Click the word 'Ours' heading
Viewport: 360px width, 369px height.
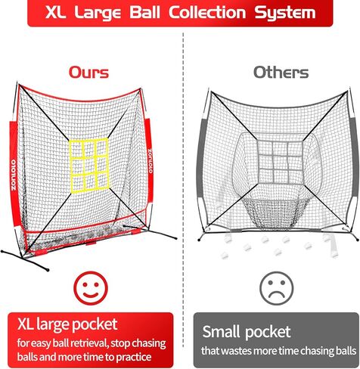click(88, 73)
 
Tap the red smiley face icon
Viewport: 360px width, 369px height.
click(90, 287)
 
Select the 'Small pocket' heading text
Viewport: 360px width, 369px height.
click(247, 333)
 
